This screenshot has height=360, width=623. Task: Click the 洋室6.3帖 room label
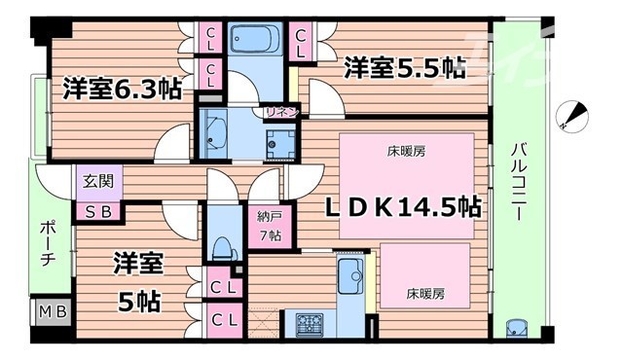122,89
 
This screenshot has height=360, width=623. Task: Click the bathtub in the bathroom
255,44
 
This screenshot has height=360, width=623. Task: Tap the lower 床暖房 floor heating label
425,292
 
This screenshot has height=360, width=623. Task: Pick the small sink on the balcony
517,327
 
